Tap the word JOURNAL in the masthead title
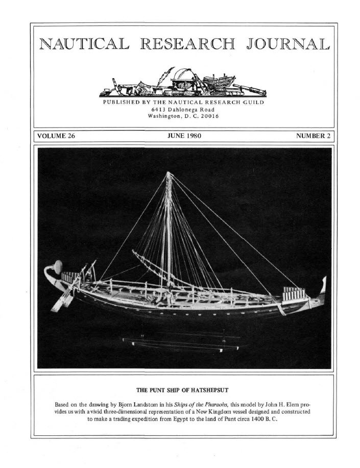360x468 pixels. point(285,45)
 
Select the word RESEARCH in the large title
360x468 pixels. point(185,45)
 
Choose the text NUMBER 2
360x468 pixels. point(313,136)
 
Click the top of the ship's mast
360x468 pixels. point(168,174)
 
